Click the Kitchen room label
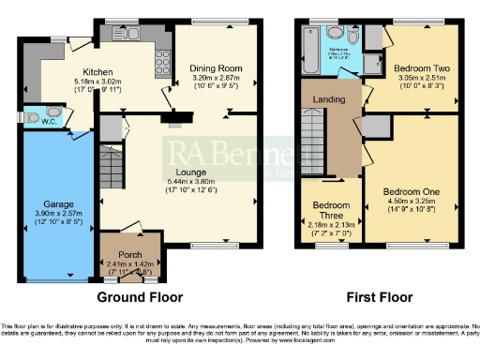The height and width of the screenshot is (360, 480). [x=97, y=71]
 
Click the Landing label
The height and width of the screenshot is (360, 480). [x=327, y=98]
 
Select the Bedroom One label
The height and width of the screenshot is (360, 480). [x=409, y=190]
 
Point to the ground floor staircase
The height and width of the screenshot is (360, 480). [x=110, y=170]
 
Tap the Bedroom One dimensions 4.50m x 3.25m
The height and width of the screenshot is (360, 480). [x=409, y=200]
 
